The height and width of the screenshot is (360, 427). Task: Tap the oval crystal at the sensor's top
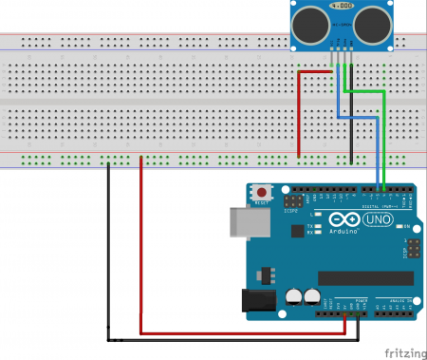[341, 9]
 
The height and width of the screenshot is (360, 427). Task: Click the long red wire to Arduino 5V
[141, 266]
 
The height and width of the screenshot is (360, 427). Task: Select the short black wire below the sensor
[351, 123]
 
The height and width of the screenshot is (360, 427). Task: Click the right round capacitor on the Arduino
[312, 295]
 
